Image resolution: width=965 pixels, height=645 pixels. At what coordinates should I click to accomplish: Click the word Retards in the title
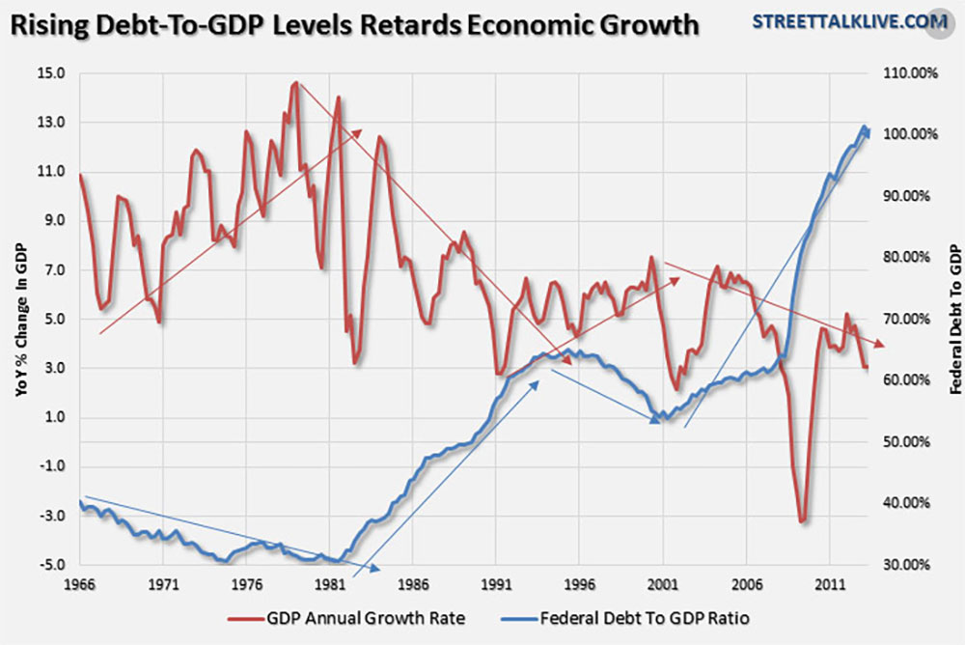[412, 23]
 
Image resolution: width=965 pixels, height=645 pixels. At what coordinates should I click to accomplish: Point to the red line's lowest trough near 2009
[802, 521]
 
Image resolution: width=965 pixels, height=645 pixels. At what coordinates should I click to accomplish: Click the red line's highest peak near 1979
[295, 84]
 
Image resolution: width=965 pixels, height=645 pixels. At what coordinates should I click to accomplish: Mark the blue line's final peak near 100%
[864, 127]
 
